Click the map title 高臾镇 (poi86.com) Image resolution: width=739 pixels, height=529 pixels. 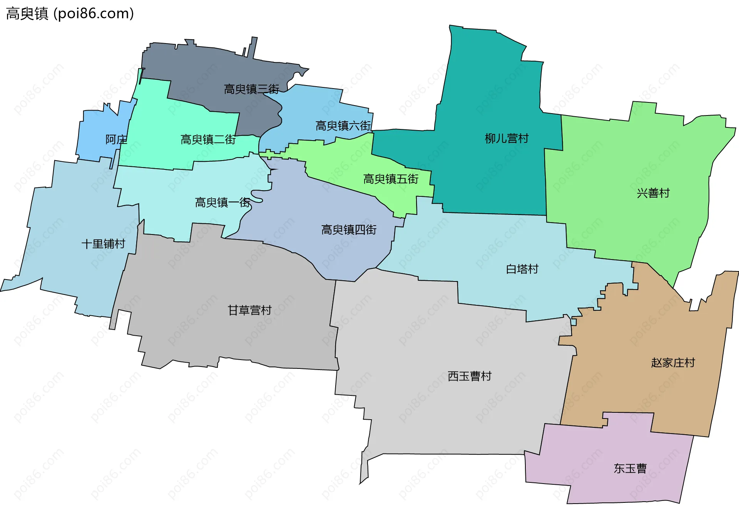point(70,13)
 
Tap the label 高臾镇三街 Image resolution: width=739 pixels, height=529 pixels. point(252,89)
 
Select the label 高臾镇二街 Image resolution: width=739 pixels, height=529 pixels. point(208,139)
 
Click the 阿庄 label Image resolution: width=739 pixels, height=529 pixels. point(116,139)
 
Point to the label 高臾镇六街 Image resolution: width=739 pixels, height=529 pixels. point(343,126)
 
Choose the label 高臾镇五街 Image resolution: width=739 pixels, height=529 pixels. point(391,179)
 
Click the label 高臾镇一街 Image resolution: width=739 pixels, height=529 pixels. point(222,203)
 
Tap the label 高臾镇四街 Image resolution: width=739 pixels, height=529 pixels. point(349,230)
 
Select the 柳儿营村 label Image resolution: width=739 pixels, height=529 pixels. point(507,138)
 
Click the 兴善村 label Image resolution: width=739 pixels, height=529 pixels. point(653,193)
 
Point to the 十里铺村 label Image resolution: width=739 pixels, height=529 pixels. point(103,244)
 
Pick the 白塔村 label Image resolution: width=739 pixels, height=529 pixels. point(522,269)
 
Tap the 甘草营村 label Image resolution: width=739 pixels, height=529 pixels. point(249,310)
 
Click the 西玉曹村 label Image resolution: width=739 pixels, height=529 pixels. point(470,376)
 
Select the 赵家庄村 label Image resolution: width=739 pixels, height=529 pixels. point(673,363)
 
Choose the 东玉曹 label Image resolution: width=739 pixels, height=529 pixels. point(630,469)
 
